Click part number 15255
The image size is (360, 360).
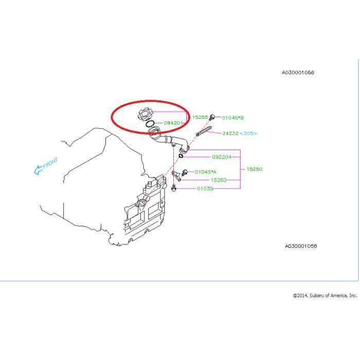pyautogui.click(x=200, y=117)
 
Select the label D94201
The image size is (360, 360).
pyautogui.click(x=173, y=123)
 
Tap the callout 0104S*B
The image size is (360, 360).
pyautogui.click(x=232, y=118)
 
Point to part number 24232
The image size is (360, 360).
pyautogui.click(x=230, y=133)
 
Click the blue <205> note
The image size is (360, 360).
pyautogui.click(x=248, y=133)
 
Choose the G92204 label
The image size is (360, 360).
pyautogui.click(x=221, y=157)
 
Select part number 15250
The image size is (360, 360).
pyautogui.click(x=254, y=169)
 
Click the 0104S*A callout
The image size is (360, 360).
pyautogui.click(x=206, y=172)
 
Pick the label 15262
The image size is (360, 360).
pyautogui.click(x=219, y=180)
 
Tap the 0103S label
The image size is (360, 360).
pyautogui.click(x=205, y=189)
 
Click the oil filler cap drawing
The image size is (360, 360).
pyautogui.click(x=145, y=114)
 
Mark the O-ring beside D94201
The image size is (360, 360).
pyautogui.click(x=150, y=123)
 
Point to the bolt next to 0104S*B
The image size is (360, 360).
pyautogui.click(x=212, y=117)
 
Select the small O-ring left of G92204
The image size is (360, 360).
pyautogui.click(x=181, y=156)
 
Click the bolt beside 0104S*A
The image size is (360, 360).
pyautogui.click(x=185, y=172)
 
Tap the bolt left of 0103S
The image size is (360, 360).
pyautogui.click(x=174, y=188)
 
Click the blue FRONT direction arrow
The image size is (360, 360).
pyautogui.click(x=38, y=170)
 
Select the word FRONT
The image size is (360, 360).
pyautogui.click(x=50, y=163)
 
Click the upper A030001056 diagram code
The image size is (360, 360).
pyautogui.click(x=298, y=73)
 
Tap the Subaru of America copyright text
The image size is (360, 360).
pyautogui.click(x=325, y=296)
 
